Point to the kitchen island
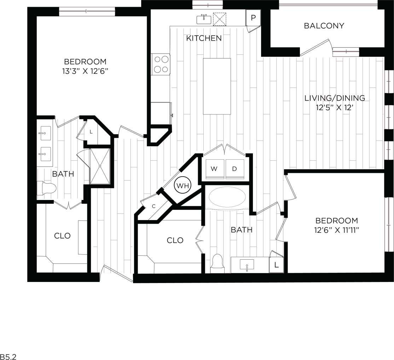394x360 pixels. (x=217, y=86)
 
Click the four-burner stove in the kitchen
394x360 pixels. (x=161, y=64)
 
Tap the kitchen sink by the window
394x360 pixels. (x=204, y=19)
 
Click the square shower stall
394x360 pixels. (x=100, y=166)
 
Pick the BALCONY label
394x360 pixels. (x=324, y=26)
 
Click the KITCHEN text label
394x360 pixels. (x=204, y=38)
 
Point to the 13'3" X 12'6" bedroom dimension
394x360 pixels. (x=85, y=71)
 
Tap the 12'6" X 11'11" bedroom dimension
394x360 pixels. (x=336, y=230)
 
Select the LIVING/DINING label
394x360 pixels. (x=335, y=98)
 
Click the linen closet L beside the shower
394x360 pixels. (x=91, y=132)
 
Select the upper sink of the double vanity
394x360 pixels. (x=45, y=134)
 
